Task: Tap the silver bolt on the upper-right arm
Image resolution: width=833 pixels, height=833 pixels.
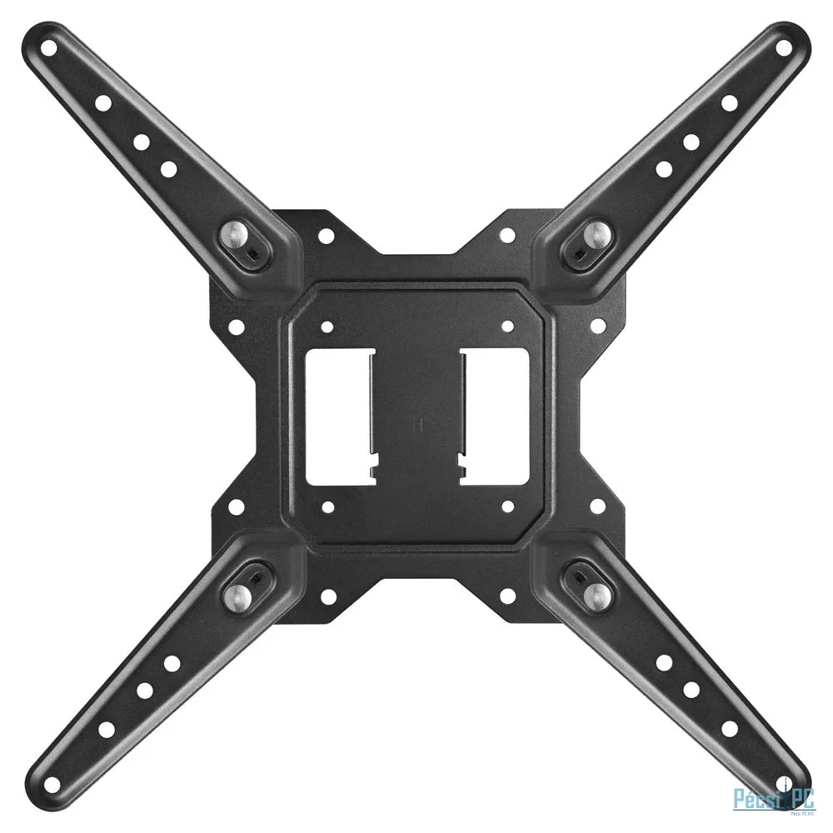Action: pyautogui.click(x=598, y=234)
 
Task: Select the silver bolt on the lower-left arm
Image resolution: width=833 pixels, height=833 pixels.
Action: pyautogui.click(x=237, y=594)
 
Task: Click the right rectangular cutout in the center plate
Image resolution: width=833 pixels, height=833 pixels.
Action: pyautogui.click(x=493, y=416)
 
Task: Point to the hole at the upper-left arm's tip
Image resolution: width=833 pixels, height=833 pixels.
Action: pyautogui.click(x=50, y=48)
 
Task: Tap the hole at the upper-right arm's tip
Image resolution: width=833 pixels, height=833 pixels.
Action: pyautogui.click(x=783, y=47)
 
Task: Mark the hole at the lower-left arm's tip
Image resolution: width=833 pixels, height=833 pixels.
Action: pyautogui.click(x=50, y=786)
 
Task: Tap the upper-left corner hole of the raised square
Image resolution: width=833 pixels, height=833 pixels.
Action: pyautogui.click(x=327, y=327)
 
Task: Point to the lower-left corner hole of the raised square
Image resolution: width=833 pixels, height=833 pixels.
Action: pyautogui.click(x=327, y=506)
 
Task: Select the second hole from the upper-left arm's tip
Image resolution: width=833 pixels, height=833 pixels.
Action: pyautogui.click(x=103, y=104)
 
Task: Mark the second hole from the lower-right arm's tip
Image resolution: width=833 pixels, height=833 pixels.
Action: pyautogui.click(x=730, y=730)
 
